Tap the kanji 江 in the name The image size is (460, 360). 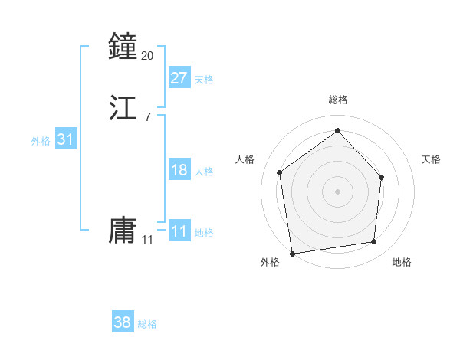coord(123,107)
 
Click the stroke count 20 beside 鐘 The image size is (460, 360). coord(148,56)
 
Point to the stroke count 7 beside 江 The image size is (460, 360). coord(148,117)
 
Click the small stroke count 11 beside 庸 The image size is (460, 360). coord(148,240)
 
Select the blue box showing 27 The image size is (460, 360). coord(179,78)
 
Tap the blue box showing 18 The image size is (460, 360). coord(179,170)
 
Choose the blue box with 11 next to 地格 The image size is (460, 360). coord(179,231)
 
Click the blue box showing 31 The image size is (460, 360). coord(65,139)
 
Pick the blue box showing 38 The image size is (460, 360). coord(123,322)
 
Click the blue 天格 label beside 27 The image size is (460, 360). coord(204,80)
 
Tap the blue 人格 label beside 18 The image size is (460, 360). coord(204,172)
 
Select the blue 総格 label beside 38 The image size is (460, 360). coord(147,324)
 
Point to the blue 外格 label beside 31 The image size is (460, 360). coord(41,141)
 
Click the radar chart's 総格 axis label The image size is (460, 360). coord(338,100)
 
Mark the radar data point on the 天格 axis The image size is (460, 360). coord(383,177)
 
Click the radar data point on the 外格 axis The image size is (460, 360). coord(292,253)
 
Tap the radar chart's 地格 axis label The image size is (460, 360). coord(402,263)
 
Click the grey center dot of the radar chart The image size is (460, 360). coord(337,191)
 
